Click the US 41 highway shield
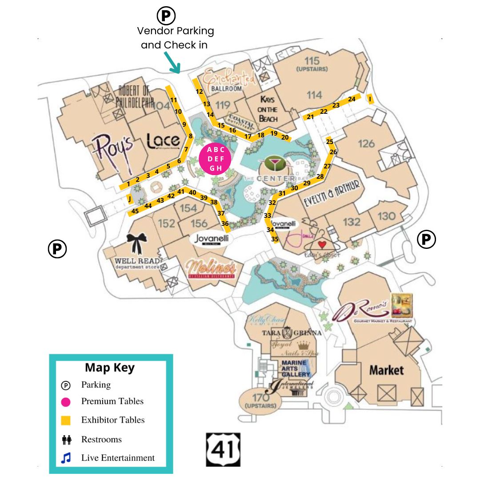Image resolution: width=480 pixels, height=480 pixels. tap(223, 450)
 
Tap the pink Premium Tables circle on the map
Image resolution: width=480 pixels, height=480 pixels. tap(216, 159)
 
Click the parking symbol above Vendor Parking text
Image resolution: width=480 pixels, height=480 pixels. tap(166, 16)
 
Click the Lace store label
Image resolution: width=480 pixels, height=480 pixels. tap(163, 142)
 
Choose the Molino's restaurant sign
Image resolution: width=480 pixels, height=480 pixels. tap(211, 269)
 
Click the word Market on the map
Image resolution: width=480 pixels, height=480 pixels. tap(386, 370)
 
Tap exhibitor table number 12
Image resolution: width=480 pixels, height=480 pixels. tap(199, 92)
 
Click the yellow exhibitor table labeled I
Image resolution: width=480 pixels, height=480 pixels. tap(370, 99)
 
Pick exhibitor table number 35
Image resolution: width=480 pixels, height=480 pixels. tap(275, 239)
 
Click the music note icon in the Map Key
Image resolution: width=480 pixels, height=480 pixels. tap(66, 458)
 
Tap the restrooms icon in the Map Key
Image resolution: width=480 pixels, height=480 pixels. tap(67, 440)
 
